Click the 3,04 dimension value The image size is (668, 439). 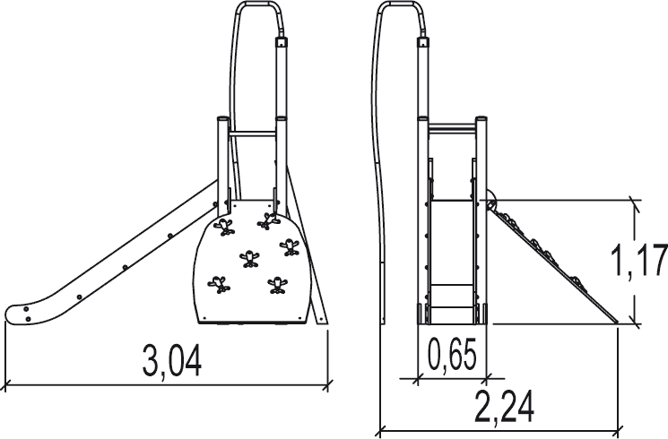171,360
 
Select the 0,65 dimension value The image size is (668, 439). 452,353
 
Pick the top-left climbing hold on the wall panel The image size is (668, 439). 224,226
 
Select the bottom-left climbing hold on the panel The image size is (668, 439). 219,284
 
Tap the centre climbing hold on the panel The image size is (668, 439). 249,258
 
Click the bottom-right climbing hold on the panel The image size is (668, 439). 277,286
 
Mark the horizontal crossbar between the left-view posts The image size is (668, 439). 252,133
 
